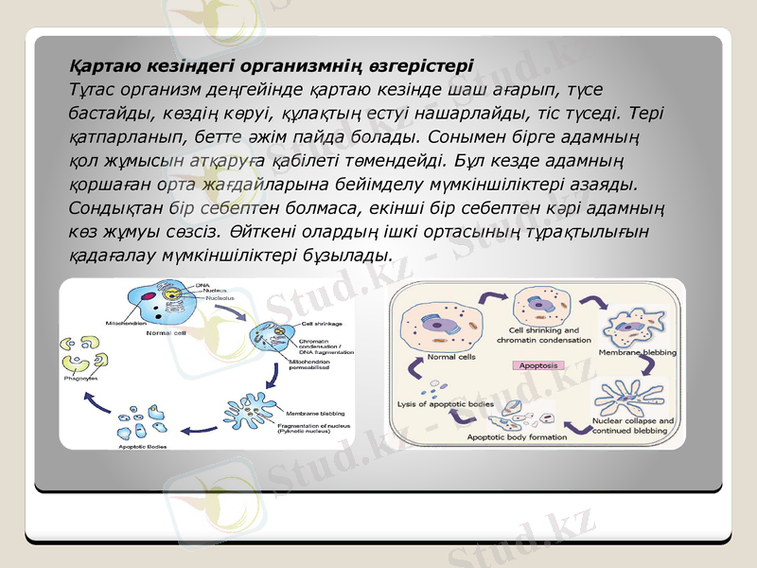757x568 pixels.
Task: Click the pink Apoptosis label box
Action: [540, 365]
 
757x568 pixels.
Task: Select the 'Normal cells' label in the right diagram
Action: [451, 357]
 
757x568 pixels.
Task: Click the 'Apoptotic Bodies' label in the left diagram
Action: [143, 446]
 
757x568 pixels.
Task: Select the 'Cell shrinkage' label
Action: [321, 324]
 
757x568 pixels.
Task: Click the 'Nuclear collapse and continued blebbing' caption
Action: [632, 425]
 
